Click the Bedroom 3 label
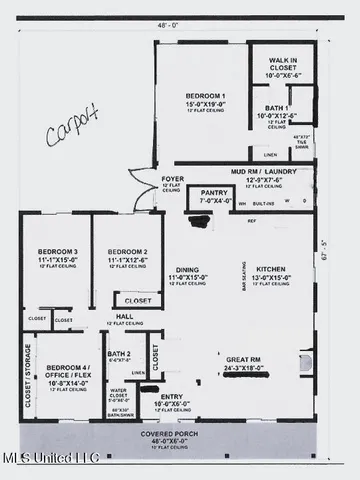point(57,224)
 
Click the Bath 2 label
point(120,353)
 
